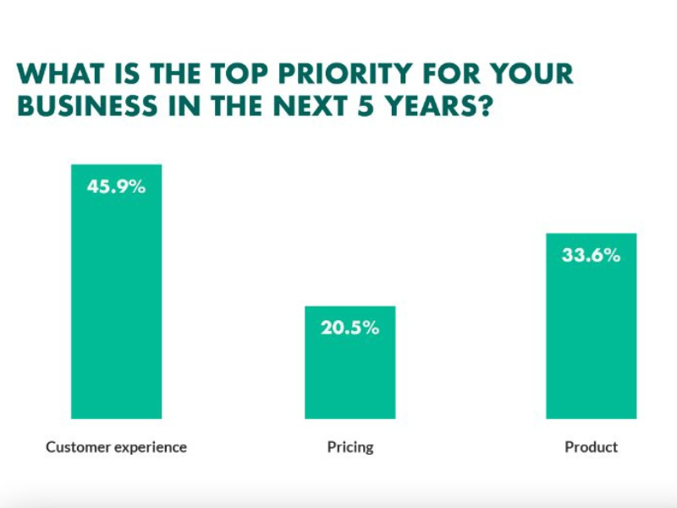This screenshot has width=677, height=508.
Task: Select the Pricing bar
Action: tap(350, 373)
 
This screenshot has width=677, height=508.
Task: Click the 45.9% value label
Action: tap(116, 186)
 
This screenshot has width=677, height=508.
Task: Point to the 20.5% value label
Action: tap(350, 328)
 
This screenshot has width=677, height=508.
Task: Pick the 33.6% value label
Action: tap(591, 255)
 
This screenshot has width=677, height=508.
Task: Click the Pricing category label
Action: tap(350, 446)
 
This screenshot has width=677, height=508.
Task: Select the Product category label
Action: tap(591, 446)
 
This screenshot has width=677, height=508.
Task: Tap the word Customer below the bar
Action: tap(76, 446)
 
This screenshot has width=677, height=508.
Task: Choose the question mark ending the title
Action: tap(483, 108)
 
